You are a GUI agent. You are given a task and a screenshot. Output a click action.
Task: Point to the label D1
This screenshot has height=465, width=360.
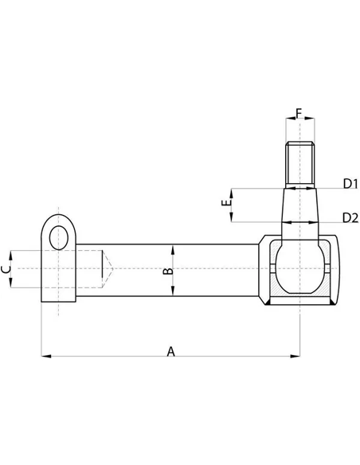click(x=349, y=184)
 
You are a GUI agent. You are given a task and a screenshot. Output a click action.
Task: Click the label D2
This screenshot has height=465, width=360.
click(x=349, y=217)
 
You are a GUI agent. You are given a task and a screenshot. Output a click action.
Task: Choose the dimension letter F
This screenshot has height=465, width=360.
click(x=299, y=112)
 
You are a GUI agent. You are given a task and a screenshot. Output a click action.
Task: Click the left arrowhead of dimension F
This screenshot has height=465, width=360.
click(x=288, y=122)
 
